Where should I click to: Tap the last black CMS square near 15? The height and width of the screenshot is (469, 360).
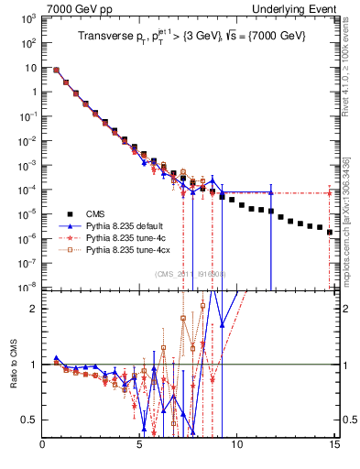click(330, 233)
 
